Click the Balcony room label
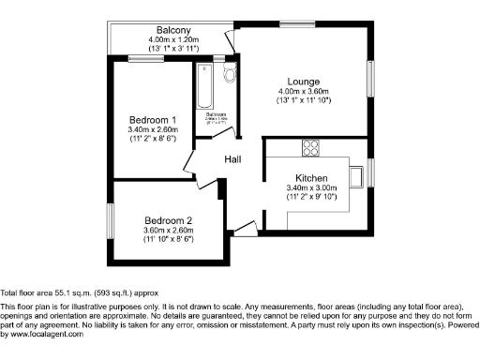click(x=169, y=29)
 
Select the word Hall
click(x=233, y=159)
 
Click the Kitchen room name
click(x=310, y=178)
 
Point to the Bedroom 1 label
click(x=153, y=120)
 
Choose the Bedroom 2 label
click(x=169, y=220)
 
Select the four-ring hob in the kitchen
click(x=310, y=147)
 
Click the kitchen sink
click(x=356, y=174)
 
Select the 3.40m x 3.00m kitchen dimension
click(x=310, y=188)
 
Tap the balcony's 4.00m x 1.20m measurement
click(x=169, y=39)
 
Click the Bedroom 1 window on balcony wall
click(x=149, y=58)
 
